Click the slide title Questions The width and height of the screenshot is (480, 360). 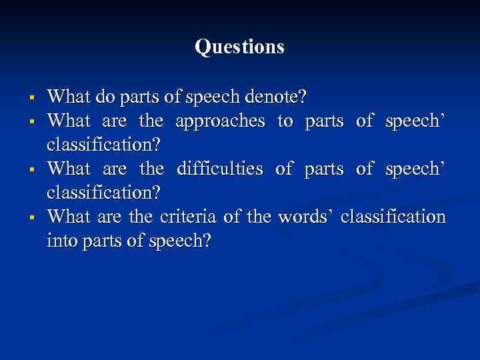239,47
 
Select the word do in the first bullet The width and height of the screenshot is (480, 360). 105,97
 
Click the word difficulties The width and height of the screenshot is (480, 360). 221,169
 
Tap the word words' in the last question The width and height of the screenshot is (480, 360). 306,217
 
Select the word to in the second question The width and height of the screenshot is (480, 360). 285,121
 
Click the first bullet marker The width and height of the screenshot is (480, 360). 31,99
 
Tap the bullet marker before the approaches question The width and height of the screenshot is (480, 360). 31,123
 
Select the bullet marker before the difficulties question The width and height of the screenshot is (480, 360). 31,171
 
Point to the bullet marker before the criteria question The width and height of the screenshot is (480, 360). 31,218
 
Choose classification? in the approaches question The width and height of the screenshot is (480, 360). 103,145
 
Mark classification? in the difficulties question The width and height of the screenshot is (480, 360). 103,193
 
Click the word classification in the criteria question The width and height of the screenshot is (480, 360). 393,217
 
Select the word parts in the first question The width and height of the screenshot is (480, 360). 144,98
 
